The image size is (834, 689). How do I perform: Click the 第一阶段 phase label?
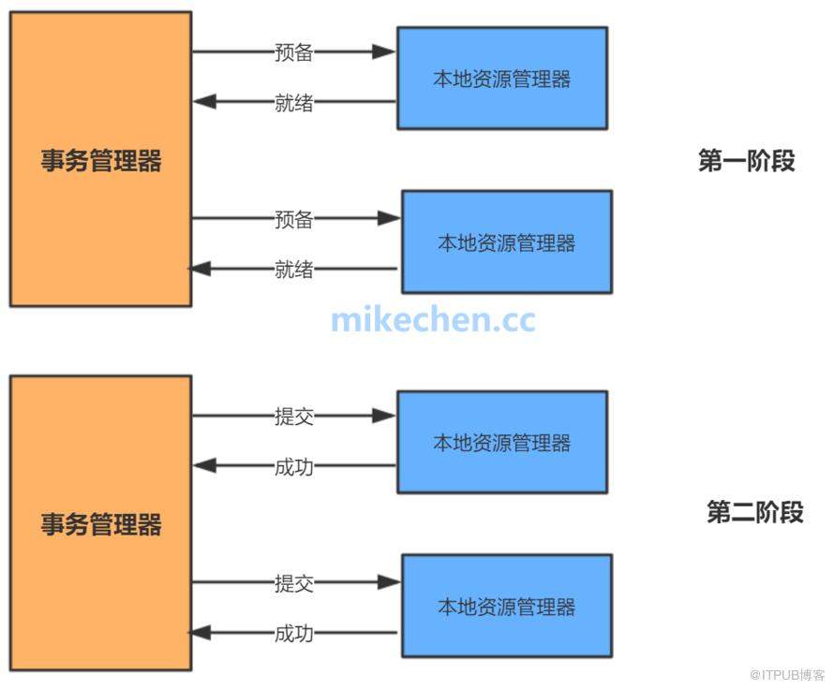[746, 161]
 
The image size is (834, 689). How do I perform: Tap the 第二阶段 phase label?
[754, 513]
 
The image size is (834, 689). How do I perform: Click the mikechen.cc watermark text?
[433, 320]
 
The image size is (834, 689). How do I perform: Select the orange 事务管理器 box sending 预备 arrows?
[100, 159]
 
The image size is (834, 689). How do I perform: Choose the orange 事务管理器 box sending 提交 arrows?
[100, 522]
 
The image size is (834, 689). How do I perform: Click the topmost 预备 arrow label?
[293, 52]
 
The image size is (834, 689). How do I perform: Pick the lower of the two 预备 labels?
[293, 219]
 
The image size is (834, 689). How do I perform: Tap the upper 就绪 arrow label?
[293, 103]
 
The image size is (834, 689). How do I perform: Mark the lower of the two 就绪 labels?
[293, 270]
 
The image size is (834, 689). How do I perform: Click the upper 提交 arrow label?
[293, 417]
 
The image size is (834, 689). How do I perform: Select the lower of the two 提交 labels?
[293, 583]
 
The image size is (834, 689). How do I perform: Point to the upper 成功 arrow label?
[293, 466]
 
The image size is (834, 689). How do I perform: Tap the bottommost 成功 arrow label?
[293, 634]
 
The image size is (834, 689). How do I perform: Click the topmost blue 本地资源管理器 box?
[501, 78]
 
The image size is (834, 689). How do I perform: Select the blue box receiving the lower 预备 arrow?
[506, 242]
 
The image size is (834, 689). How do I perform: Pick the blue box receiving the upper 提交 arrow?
[501, 442]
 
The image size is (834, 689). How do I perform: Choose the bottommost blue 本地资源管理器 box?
[506, 606]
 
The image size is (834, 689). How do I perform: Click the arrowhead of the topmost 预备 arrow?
[384, 52]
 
